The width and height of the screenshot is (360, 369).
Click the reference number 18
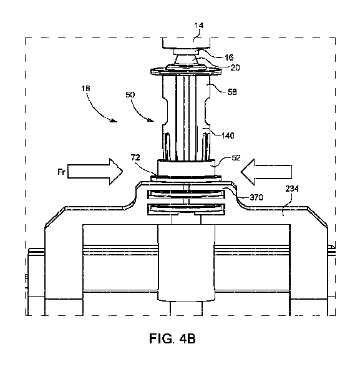(85, 90)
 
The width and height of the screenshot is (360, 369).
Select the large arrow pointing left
(267, 170)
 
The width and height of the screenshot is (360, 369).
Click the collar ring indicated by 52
(186, 167)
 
